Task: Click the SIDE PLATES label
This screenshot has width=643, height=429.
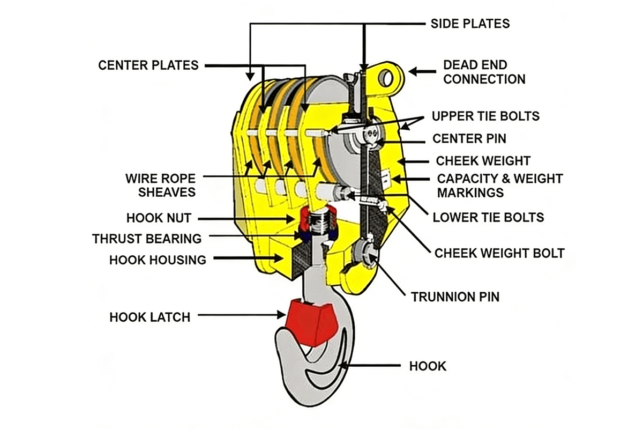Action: pyautogui.click(x=470, y=24)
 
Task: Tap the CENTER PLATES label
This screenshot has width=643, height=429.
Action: pyautogui.click(x=148, y=65)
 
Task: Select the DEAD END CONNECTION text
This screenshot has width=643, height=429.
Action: pyautogui.click(x=484, y=72)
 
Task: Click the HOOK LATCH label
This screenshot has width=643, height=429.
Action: pyautogui.click(x=149, y=317)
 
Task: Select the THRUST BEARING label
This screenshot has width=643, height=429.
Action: pyautogui.click(x=147, y=239)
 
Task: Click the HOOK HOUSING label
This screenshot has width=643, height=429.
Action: pyautogui.click(x=158, y=260)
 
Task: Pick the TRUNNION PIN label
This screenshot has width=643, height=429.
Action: pyautogui.click(x=455, y=297)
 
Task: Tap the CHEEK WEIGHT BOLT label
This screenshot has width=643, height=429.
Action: pyautogui.click(x=499, y=253)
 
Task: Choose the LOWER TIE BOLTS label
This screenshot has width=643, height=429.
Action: pyautogui.click(x=488, y=217)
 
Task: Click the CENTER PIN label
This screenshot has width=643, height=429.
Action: pyautogui.click(x=469, y=139)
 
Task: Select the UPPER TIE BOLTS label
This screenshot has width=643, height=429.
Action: pyautogui.click(x=485, y=116)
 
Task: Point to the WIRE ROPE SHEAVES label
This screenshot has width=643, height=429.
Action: pyautogui.click(x=160, y=184)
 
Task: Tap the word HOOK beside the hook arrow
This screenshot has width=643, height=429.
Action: pyautogui.click(x=427, y=366)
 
